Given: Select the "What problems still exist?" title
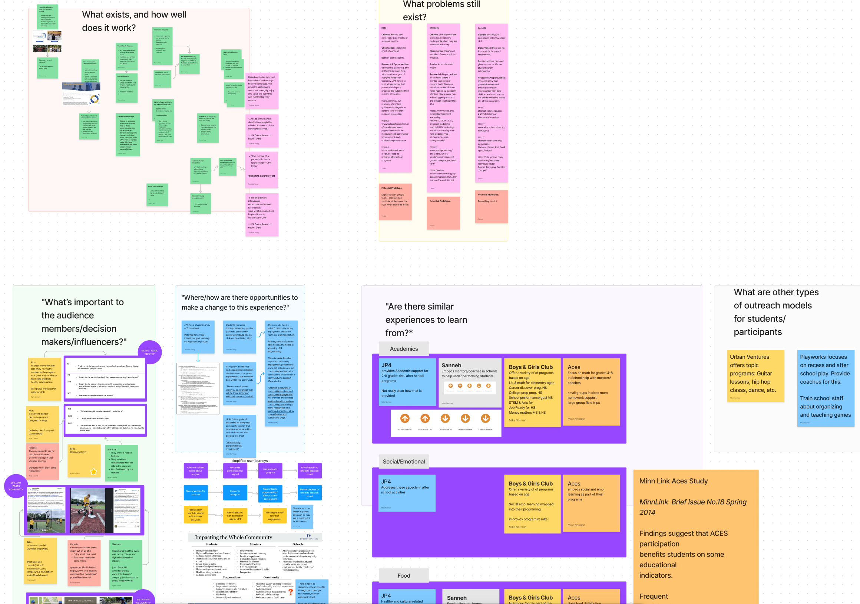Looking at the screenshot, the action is (441, 10).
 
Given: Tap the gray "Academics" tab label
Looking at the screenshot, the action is (403, 349).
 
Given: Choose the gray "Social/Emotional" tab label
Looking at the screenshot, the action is (403, 462).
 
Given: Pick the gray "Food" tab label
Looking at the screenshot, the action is (403, 575).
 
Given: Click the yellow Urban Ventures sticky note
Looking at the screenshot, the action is (755, 375).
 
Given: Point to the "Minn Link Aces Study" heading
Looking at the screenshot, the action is (673, 481).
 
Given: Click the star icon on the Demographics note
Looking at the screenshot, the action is (94, 472).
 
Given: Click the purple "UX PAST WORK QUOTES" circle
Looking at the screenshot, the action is (149, 352).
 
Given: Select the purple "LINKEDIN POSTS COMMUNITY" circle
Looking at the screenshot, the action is (16, 486).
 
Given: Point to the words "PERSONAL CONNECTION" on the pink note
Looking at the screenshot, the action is (261, 176).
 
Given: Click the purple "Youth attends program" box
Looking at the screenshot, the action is (270, 471).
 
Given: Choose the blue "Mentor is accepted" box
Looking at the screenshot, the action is (235, 493).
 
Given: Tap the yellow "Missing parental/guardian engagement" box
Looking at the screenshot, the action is (274, 516).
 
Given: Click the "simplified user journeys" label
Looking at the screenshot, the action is (249, 461).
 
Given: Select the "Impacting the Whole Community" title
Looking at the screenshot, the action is (234, 537).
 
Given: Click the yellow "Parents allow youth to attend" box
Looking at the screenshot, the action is (195, 515).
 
